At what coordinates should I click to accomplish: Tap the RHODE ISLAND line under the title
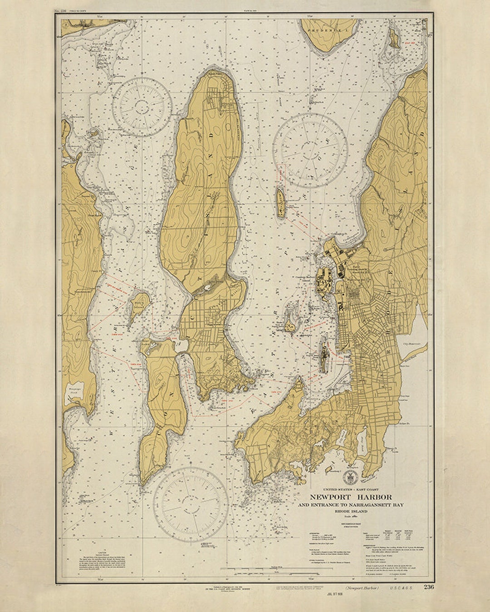click(351, 511)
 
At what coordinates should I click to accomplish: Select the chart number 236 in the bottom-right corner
click(428, 587)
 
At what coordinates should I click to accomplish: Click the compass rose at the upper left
click(142, 107)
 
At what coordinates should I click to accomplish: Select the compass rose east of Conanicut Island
click(310, 151)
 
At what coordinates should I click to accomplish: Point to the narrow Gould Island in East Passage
click(281, 203)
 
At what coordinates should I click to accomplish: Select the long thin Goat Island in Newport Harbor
click(323, 356)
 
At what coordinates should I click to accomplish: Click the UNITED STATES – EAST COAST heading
click(351, 490)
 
